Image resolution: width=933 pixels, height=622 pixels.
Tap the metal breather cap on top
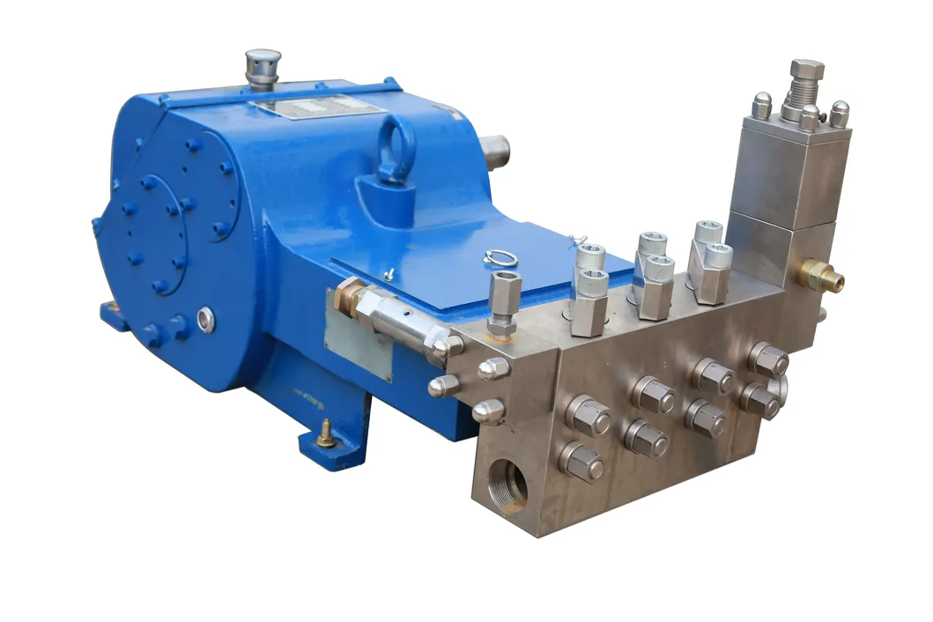[262, 66]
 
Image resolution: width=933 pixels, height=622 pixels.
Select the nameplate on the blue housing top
[317, 107]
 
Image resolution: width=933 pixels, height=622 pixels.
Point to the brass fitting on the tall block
[823, 277]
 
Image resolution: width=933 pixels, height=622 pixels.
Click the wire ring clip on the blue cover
[498, 258]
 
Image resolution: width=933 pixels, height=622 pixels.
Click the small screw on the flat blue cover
[389, 273]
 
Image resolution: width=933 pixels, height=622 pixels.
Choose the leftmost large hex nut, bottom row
[581, 462]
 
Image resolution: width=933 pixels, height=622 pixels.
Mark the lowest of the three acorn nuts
[488, 411]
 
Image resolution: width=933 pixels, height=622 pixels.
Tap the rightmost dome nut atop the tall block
[839, 114]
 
